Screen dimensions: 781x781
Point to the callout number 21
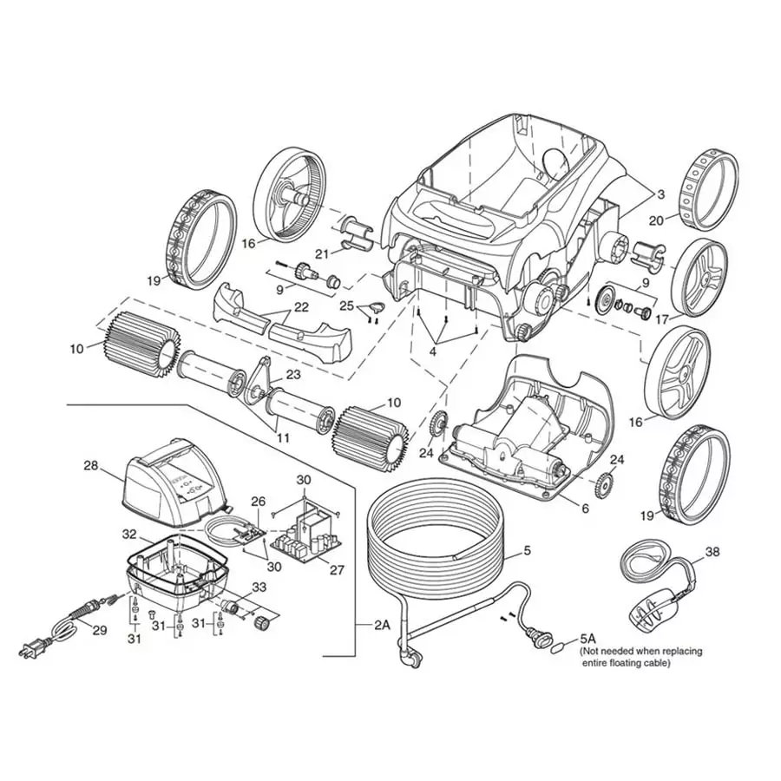[322, 253]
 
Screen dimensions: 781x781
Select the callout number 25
[345, 306]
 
